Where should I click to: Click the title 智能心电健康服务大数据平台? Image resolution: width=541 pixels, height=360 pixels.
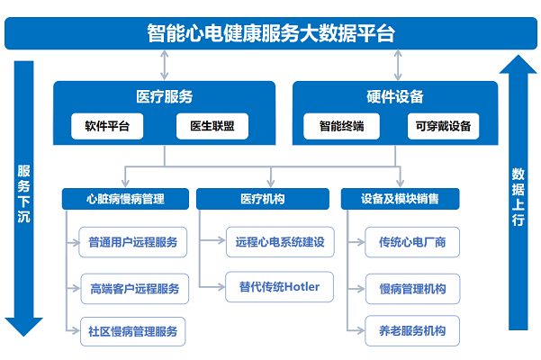[270, 33]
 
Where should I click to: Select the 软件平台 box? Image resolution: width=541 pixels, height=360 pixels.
[107, 126]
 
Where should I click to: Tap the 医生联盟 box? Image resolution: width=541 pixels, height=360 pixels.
[212, 126]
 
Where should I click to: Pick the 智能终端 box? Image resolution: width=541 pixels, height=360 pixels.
[341, 126]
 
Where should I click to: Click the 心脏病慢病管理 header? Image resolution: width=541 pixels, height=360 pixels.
[125, 197]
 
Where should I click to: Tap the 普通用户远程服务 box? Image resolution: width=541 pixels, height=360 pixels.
[133, 242]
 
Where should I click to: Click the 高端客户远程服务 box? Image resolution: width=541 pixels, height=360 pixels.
[134, 289]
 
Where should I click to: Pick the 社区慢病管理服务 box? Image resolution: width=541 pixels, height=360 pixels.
[133, 329]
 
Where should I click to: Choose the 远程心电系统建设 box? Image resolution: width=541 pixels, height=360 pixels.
[279, 242]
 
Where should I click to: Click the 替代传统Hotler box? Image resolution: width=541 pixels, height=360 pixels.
[279, 288]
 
